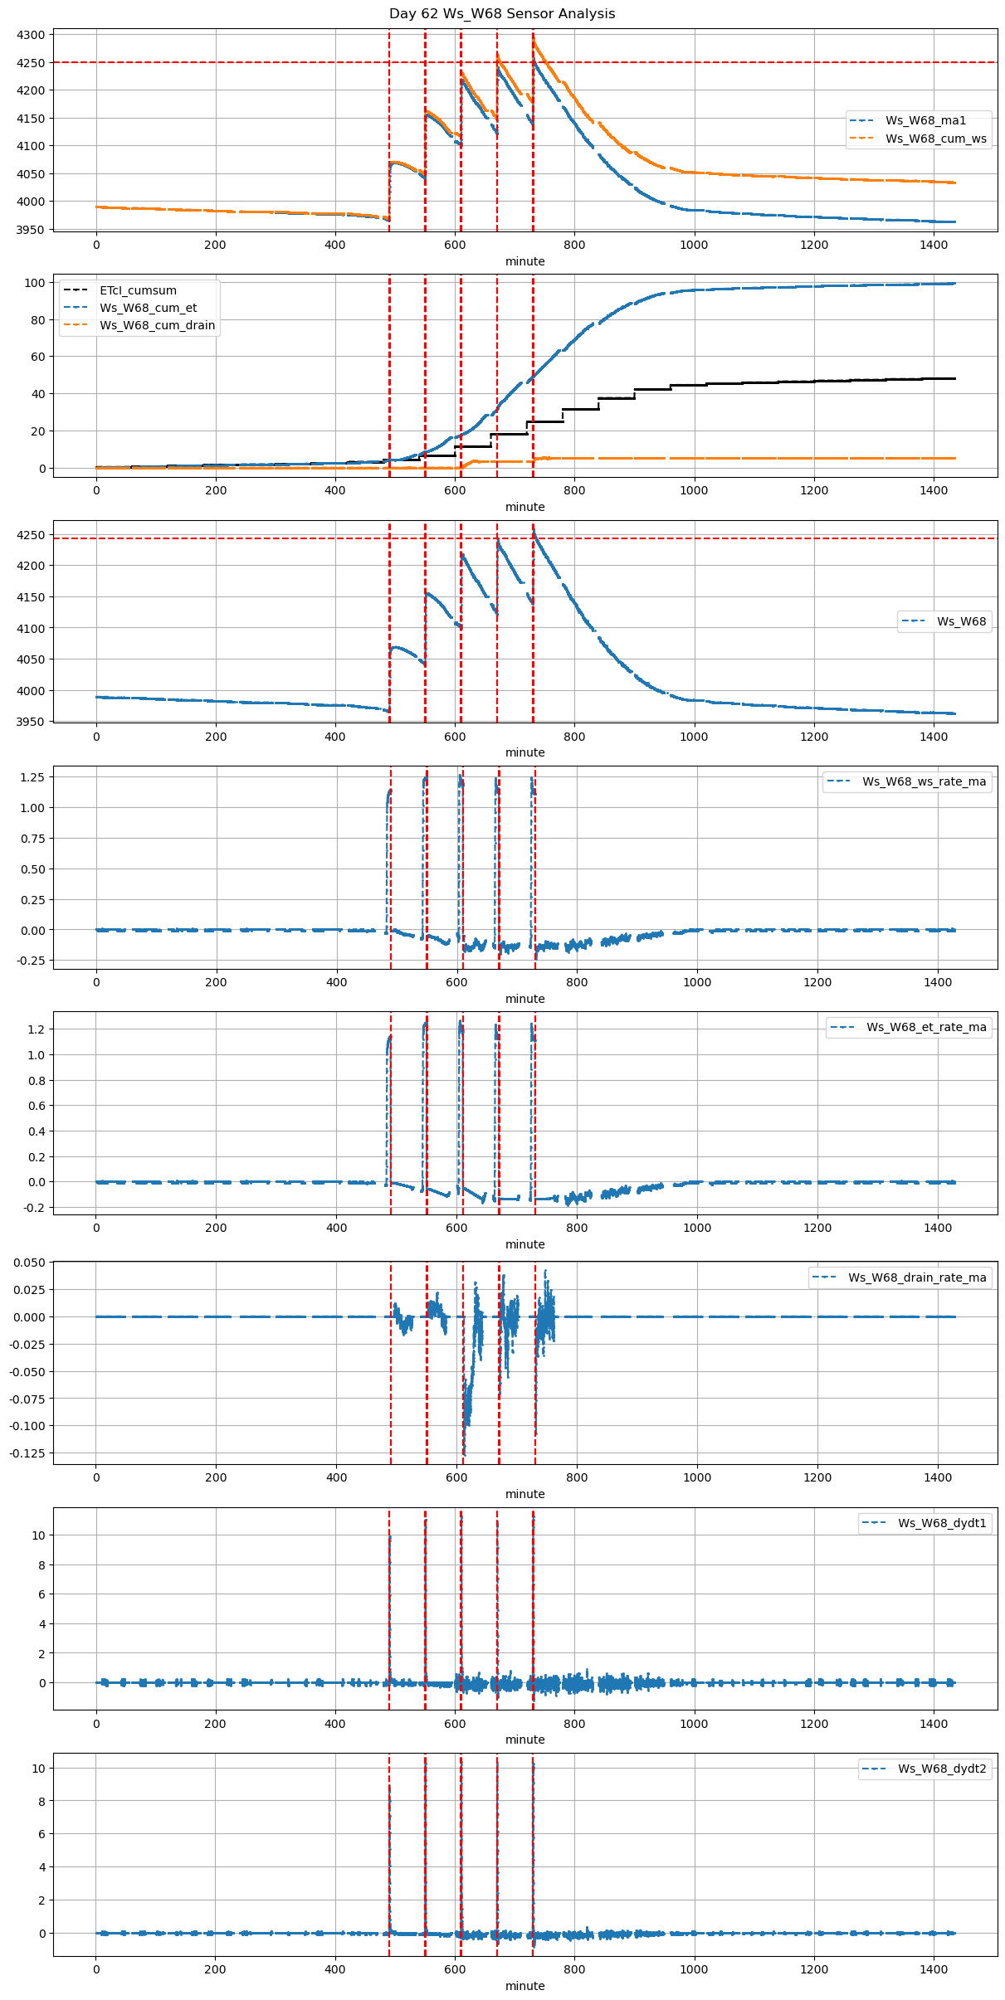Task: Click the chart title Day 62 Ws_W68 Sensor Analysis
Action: [x=502, y=14]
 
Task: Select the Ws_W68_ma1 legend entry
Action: [x=925, y=120]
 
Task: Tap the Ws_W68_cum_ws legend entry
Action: [x=935, y=139]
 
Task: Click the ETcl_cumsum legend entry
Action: [x=138, y=290]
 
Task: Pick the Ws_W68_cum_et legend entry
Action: [x=148, y=308]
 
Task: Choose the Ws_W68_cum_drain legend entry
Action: [x=157, y=325]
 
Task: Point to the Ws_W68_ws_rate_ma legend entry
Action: [x=924, y=781]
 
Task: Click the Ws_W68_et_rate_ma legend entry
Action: [x=926, y=1027]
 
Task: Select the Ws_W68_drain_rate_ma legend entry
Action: [x=917, y=1277]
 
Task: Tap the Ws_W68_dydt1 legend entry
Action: [x=942, y=1523]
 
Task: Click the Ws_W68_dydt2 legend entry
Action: [x=942, y=1769]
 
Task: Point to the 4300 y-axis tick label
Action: [x=31, y=35]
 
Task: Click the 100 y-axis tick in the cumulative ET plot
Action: [x=35, y=283]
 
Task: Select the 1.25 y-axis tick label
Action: [x=32, y=777]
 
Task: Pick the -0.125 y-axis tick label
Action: [x=27, y=1453]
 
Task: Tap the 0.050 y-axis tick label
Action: [x=29, y=1263]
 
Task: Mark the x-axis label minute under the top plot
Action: [x=524, y=261]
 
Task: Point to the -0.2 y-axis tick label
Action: [x=34, y=1208]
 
